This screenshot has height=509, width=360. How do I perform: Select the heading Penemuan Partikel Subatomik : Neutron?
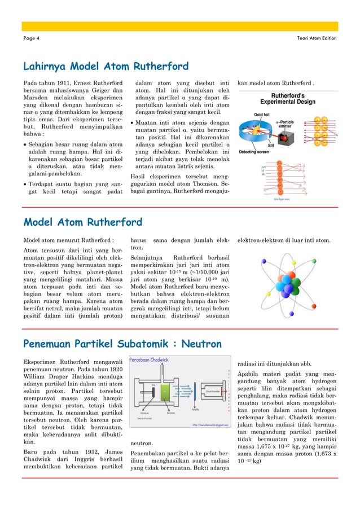click(x=122, y=344)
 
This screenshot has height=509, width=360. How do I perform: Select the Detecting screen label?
click(x=254, y=152)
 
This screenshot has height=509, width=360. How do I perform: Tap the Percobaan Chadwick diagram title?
click(x=149, y=359)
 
